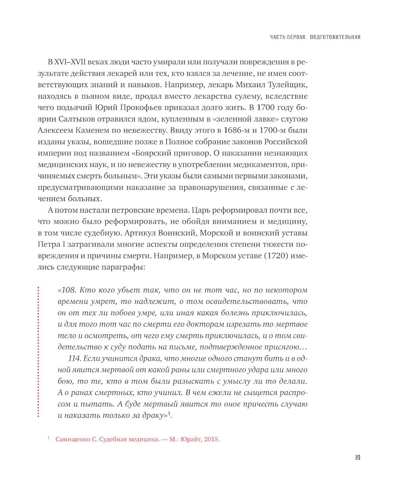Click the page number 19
pyautogui.click(x=357, y=458)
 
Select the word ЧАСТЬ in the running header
pyautogui.click(x=278, y=37)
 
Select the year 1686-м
pyautogui.click(x=237, y=130)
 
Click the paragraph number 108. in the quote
pyautogui.click(x=69, y=290)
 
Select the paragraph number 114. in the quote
pyautogui.click(x=75, y=359)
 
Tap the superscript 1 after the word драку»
pyautogui.click(x=169, y=413)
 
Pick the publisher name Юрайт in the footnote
pyautogui.click(x=192, y=439)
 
